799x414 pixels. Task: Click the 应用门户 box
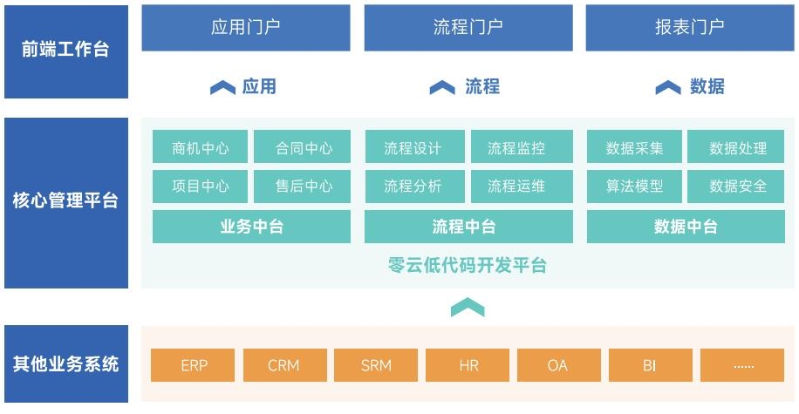(246, 28)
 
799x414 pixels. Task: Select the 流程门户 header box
(468, 28)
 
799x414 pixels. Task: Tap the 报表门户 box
(690, 28)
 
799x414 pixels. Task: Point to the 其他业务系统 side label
(66, 363)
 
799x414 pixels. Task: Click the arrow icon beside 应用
(222, 87)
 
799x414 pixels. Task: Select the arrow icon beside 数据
(668, 87)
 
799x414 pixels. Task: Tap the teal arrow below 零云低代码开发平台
(468, 307)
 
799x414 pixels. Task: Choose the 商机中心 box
(201, 146)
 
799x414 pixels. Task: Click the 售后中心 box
(302, 187)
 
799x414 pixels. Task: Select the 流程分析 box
(415, 187)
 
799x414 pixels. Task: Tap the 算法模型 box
(634, 187)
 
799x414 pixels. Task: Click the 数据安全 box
(736, 187)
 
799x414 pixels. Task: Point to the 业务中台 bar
(252, 227)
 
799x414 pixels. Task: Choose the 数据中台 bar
(686, 227)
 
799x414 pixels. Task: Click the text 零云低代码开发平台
(468, 265)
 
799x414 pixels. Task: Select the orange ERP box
(193, 365)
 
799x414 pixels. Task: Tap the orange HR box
(468, 365)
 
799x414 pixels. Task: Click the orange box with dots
(742, 365)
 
